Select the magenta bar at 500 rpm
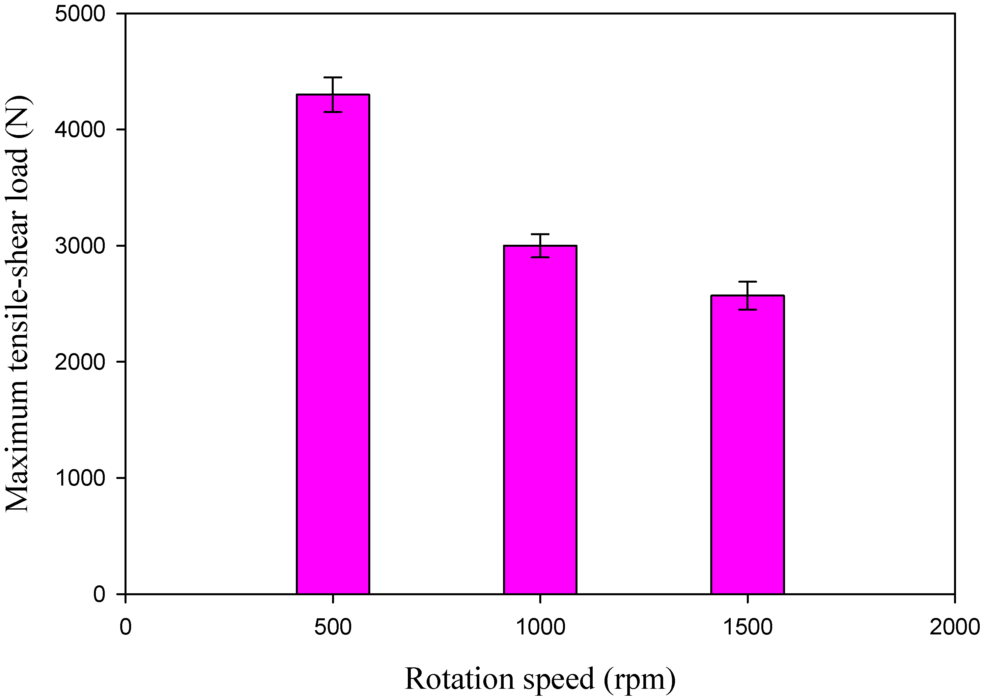pos(333,344)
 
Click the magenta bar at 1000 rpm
pos(540,420)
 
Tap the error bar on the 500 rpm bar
pos(333,94)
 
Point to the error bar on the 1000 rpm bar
pos(540,245)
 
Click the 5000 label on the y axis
pos(80,14)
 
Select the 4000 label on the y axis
pos(80,129)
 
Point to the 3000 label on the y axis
pos(80,246)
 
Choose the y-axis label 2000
pos(80,362)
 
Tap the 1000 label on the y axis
pos(80,478)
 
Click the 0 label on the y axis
pos(99,594)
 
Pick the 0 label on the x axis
pos(125,627)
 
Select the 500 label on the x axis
pos(333,627)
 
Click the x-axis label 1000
pos(540,627)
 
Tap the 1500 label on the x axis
pos(747,627)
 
